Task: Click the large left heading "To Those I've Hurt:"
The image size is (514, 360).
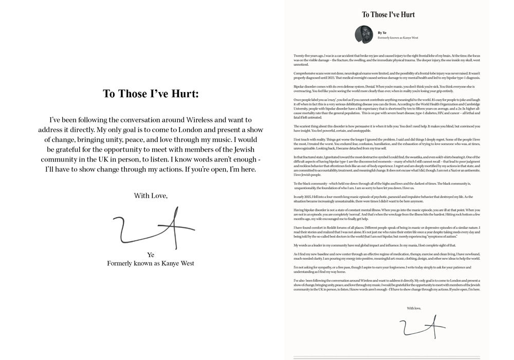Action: click(x=151, y=94)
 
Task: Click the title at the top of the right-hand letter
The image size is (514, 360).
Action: click(x=388, y=14)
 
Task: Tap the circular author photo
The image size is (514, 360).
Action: click(x=363, y=35)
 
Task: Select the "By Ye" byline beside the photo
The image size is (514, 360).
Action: click(x=382, y=33)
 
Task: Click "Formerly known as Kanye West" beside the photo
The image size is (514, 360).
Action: click(x=398, y=38)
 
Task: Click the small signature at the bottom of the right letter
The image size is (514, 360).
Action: click(x=421, y=326)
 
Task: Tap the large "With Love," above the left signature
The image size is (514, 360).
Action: click(x=151, y=195)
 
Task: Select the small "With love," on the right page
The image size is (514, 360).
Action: click(x=414, y=308)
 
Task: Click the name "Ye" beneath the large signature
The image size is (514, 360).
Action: click(x=151, y=255)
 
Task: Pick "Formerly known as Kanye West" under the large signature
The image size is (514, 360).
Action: click(x=151, y=263)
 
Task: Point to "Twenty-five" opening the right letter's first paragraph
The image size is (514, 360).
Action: click(x=302, y=56)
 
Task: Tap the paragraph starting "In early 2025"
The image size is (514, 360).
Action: click(x=385, y=199)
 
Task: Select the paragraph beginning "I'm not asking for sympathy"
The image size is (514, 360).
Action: click(x=385, y=269)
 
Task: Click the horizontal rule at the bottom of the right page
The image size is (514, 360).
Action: click(x=387, y=357)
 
